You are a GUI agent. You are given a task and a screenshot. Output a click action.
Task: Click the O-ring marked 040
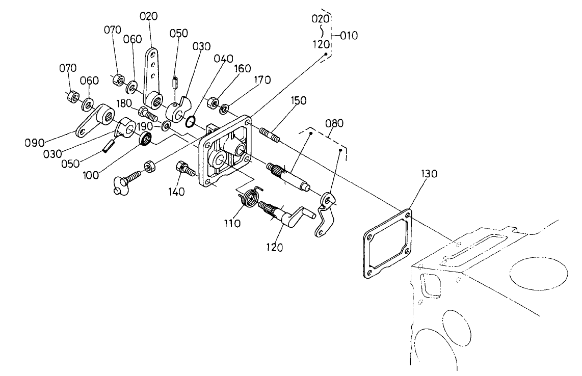click(190, 121)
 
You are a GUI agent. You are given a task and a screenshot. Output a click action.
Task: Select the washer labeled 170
click(224, 109)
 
